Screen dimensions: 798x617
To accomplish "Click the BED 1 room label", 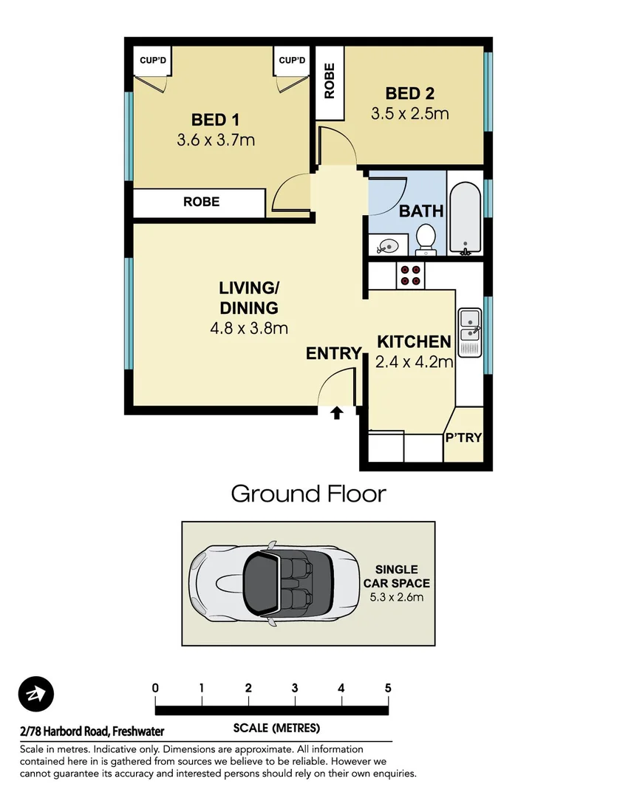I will click(215, 119).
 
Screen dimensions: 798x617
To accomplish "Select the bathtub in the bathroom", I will click(466, 215).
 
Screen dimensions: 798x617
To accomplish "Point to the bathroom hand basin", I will click(388, 244).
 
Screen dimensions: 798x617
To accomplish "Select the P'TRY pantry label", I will click(463, 437).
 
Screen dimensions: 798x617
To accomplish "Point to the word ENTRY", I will click(333, 354).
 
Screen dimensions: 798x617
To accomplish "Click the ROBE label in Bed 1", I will click(201, 202).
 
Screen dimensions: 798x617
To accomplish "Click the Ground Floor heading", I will click(308, 494).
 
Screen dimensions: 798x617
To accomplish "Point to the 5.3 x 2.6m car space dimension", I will click(396, 597).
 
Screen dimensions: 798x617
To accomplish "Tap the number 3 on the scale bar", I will click(295, 689).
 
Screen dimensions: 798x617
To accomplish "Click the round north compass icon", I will click(36, 694).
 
